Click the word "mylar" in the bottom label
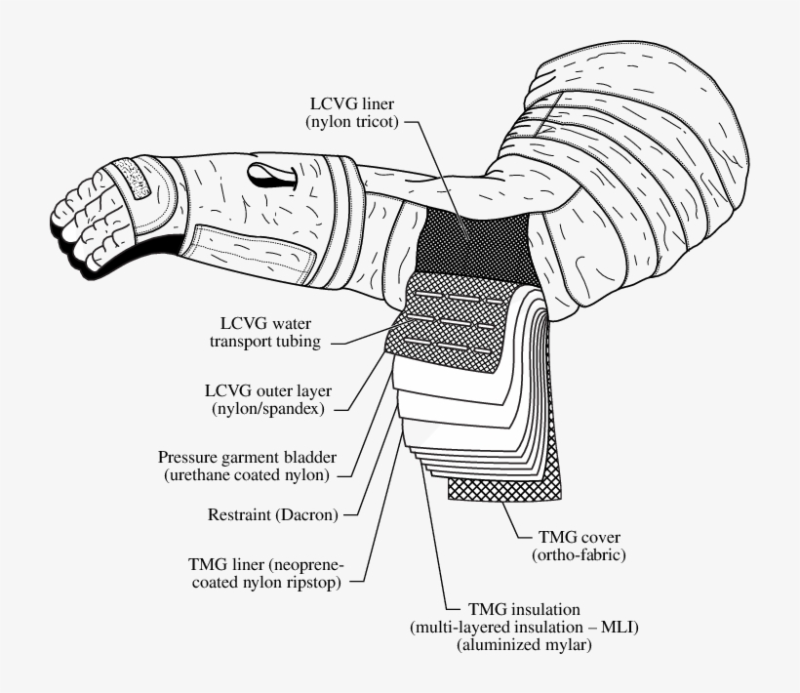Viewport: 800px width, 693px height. pyautogui.click(x=568, y=644)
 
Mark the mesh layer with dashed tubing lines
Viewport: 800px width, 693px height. pyautogui.click(x=449, y=317)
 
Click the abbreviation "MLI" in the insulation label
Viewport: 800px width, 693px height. pyautogui.click(x=610, y=626)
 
